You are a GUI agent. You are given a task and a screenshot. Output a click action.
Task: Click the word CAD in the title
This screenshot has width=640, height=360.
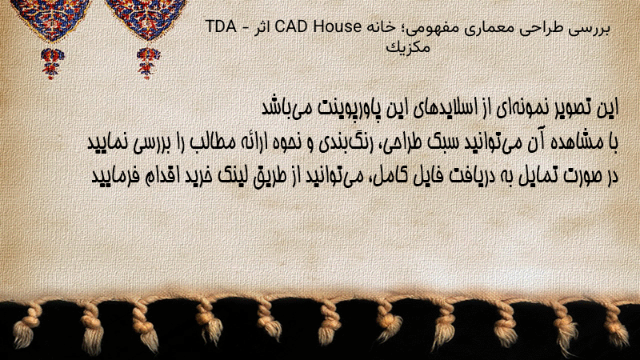[x=292, y=26]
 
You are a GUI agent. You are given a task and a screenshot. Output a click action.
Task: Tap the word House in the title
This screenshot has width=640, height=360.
[x=337, y=26]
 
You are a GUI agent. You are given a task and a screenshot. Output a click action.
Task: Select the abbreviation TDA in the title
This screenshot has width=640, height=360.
[x=222, y=26]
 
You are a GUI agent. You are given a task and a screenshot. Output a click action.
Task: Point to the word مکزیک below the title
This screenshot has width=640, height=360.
[x=408, y=47]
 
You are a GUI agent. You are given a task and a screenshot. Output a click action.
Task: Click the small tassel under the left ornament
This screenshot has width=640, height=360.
[x=52, y=63]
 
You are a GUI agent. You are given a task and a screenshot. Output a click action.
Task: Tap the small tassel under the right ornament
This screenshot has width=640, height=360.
[x=148, y=63]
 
